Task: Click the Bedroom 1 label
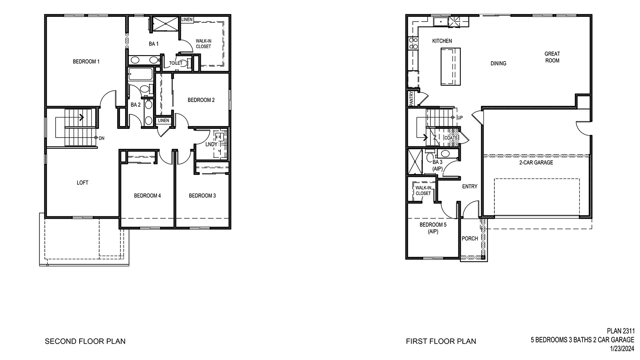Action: (x=86, y=62)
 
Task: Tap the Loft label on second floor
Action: (x=82, y=183)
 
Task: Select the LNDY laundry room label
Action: (x=211, y=144)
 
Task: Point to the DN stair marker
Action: (x=101, y=138)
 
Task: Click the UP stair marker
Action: (x=460, y=118)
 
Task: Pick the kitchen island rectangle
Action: (x=450, y=66)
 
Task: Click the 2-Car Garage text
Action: (x=536, y=162)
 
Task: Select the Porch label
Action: (x=470, y=238)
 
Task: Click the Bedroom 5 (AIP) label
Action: (x=433, y=228)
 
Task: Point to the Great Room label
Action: (x=552, y=57)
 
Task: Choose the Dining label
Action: (x=498, y=63)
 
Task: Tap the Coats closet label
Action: (x=450, y=138)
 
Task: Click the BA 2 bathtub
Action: (x=140, y=75)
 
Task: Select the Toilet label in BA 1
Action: (x=176, y=63)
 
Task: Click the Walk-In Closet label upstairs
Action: (x=203, y=44)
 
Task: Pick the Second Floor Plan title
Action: (x=85, y=341)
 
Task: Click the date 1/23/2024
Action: (x=622, y=349)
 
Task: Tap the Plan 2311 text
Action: (x=620, y=331)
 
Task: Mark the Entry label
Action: (x=470, y=186)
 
